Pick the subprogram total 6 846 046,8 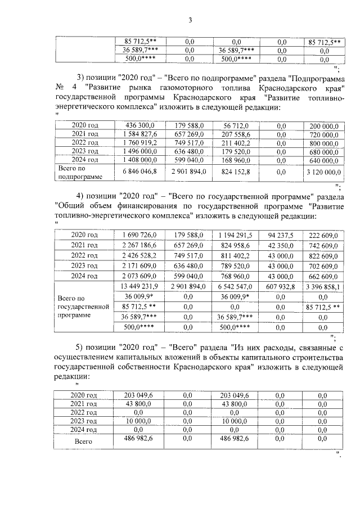click(136, 172)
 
